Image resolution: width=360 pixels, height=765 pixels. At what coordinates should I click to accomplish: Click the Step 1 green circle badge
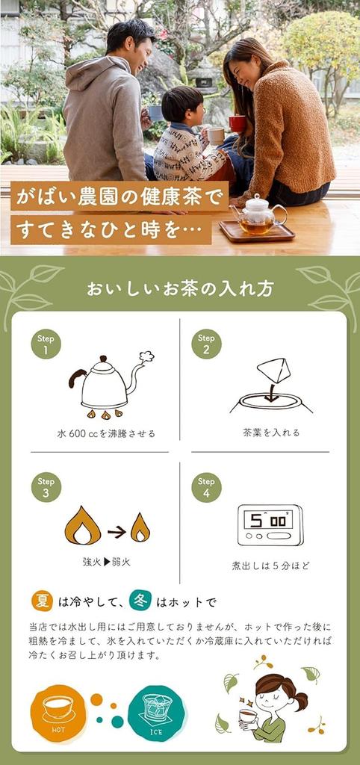46,344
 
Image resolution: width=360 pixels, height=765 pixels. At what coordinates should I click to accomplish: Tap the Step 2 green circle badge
206,344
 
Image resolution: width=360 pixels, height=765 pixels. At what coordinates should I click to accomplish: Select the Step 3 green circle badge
46,487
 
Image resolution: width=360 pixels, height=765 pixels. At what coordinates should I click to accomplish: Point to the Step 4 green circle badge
206,487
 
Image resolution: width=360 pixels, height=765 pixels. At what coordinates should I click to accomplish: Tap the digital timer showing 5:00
270,524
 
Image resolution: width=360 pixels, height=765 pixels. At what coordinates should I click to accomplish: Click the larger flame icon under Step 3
82,526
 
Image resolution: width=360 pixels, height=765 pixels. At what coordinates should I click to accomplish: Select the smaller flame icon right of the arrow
140,527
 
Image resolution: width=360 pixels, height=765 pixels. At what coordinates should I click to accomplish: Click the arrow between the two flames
116,532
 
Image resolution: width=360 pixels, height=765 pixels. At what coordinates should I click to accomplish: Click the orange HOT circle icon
58,713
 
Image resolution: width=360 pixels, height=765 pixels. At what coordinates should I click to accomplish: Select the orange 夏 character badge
42,601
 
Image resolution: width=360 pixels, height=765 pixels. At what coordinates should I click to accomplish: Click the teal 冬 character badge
140,601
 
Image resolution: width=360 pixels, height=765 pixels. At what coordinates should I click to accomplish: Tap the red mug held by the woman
238,123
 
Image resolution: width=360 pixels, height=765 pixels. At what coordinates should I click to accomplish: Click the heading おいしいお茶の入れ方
179,288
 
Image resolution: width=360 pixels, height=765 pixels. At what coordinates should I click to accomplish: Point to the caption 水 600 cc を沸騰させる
106,433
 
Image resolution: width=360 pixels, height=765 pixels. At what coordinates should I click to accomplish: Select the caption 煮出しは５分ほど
270,566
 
